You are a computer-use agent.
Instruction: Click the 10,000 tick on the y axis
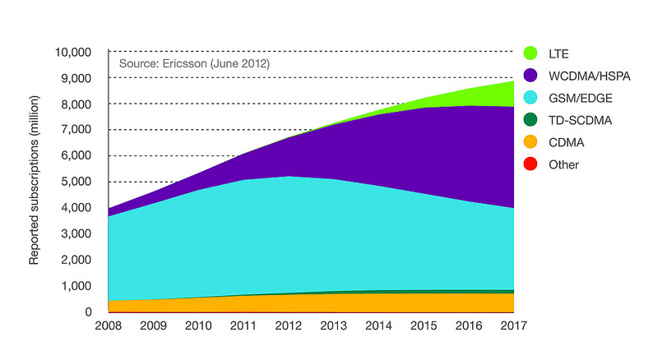[75, 52]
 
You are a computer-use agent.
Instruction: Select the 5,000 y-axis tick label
[79, 182]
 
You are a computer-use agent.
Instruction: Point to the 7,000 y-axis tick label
[79, 130]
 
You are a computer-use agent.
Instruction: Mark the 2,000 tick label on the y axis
[79, 260]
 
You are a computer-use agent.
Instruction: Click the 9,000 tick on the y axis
[79, 78]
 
